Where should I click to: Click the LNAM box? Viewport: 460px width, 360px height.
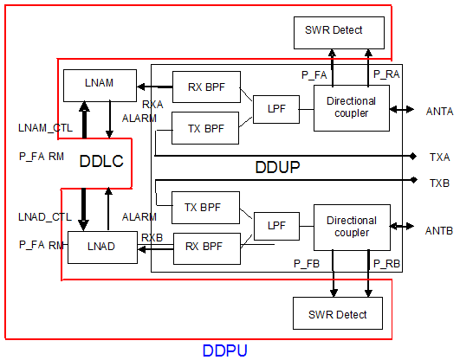click(x=101, y=85)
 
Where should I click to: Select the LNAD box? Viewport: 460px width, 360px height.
click(x=101, y=247)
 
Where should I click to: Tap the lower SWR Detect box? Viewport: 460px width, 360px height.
click(x=331, y=313)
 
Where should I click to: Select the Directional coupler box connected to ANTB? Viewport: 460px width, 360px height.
click(x=351, y=227)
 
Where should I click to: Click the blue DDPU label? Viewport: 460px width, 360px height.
click(x=226, y=350)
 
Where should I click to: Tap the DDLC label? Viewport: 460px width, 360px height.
click(x=101, y=161)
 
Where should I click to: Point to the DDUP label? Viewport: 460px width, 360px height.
click(x=277, y=166)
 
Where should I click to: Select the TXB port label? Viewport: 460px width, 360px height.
click(x=439, y=183)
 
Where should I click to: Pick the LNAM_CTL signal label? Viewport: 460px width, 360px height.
click(x=45, y=128)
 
